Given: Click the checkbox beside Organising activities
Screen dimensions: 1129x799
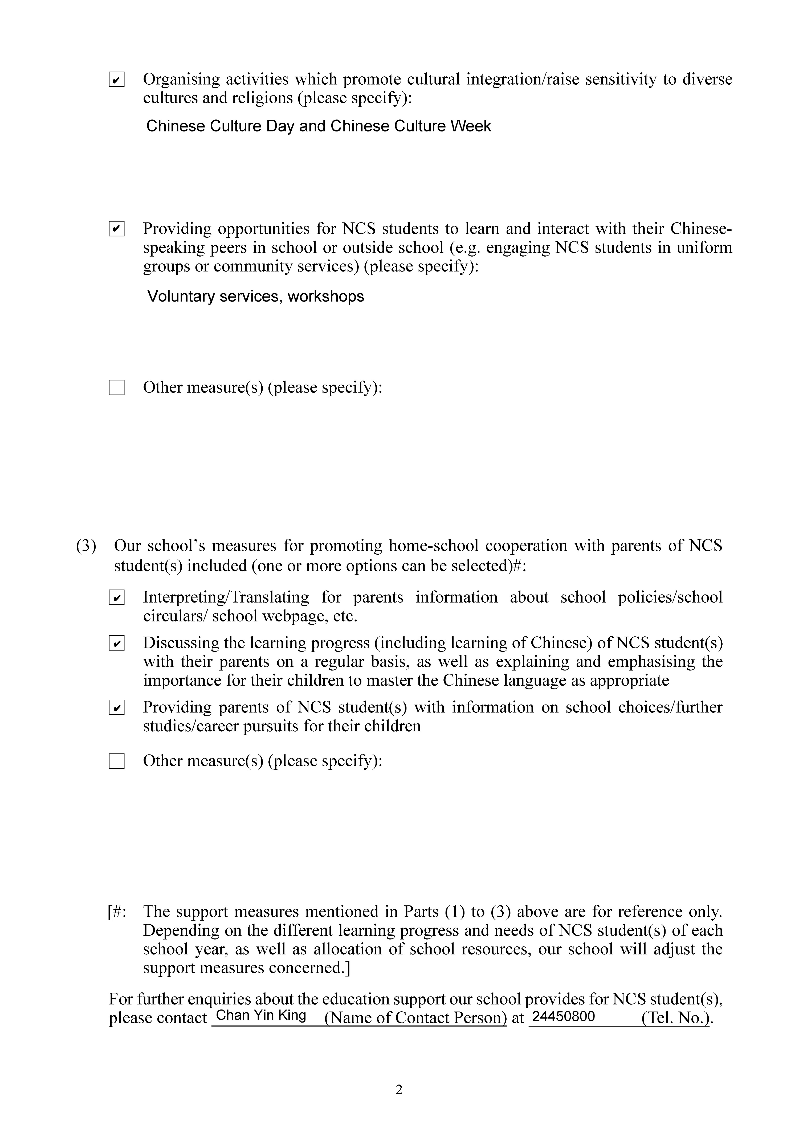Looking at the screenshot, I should pyautogui.click(x=117, y=80).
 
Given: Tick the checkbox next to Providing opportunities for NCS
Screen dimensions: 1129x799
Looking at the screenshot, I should pyautogui.click(x=117, y=229).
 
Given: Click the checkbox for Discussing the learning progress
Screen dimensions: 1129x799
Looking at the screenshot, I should pyautogui.click(x=117, y=643).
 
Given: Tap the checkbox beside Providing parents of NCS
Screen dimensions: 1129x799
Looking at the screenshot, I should pyautogui.click(x=117, y=708).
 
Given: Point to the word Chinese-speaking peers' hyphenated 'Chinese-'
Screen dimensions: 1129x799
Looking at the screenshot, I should pyautogui.click(x=701, y=229).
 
